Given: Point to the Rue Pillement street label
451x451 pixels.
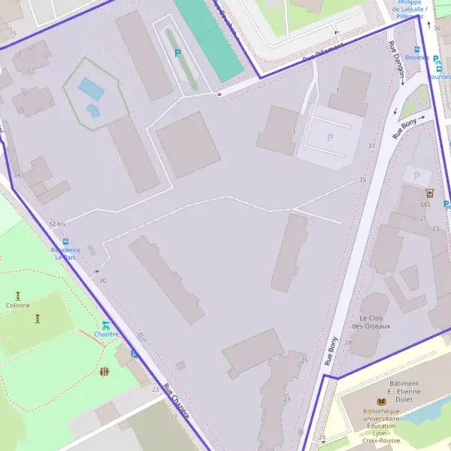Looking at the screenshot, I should pos(322,52).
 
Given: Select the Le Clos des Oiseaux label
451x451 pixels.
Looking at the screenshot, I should pos(371,322).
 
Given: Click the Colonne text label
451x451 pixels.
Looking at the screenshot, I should pos(18,305).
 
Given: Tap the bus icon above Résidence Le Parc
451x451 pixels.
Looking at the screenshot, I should pos(66,242).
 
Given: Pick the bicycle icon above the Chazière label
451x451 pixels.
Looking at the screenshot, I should pos(106,325).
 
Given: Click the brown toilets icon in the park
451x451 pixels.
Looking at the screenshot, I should pos(104,371).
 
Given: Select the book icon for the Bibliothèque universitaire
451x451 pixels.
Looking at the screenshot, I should pos(382,401).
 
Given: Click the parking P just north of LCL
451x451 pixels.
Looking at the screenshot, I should pos(417,177).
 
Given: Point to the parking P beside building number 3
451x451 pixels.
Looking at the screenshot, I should pos(330,138).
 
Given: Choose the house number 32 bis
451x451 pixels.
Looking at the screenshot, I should pos(57,224).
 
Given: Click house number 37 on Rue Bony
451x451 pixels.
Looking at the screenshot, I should pos(371,145).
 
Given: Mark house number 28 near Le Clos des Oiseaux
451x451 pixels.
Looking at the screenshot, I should pos(348,342).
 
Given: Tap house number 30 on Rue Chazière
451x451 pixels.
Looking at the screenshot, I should pos(102,280).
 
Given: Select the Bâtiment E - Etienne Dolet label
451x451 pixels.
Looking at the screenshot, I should pos(402,387).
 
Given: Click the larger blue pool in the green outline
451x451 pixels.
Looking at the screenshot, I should pos(92,89).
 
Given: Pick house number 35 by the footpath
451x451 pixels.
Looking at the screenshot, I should pos(362,180).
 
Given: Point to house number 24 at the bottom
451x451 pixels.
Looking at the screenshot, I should pos(322,437).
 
